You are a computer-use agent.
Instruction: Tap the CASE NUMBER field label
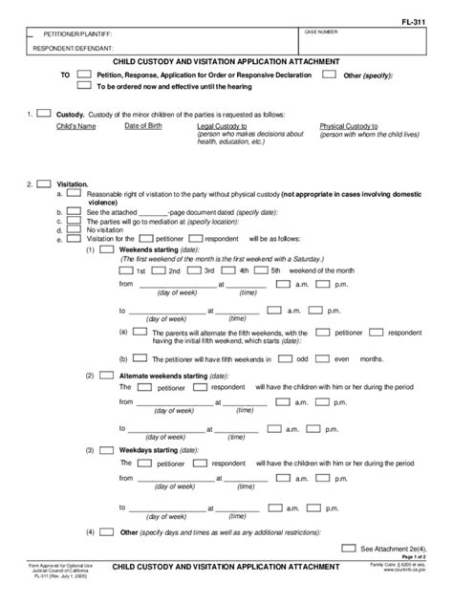pos(322,32)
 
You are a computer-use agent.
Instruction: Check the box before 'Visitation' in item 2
pos(43,183)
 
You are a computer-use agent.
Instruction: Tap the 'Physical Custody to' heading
pos(349,126)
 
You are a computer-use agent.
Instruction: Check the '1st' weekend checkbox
pos(127,270)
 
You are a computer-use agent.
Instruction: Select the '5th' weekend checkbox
pos(261,270)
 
